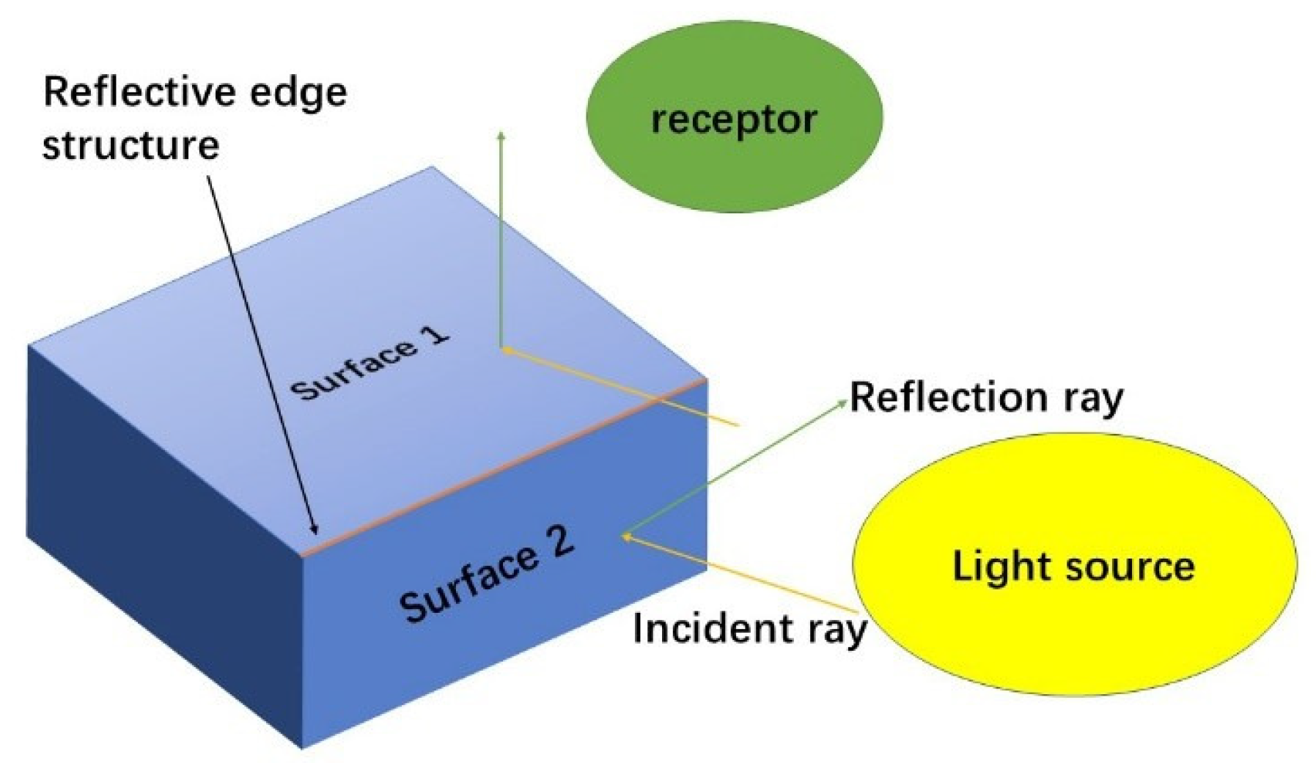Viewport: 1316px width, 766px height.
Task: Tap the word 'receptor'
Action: point(734,119)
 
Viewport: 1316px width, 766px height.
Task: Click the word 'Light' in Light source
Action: point(993,566)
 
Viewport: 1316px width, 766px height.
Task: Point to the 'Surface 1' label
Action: point(370,363)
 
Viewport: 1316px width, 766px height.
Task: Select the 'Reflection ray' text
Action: point(986,397)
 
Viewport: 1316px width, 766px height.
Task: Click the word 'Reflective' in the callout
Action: point(139,92)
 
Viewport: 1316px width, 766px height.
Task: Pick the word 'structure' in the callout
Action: point(131,144)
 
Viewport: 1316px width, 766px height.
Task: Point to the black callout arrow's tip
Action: point(316,533)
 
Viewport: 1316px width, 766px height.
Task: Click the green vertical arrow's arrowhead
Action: point(501,135)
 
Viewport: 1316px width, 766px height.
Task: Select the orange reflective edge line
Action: point(506,465)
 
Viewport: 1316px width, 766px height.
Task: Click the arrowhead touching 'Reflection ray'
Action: point(844,403)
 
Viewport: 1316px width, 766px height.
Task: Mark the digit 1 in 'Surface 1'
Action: point(434,336)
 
